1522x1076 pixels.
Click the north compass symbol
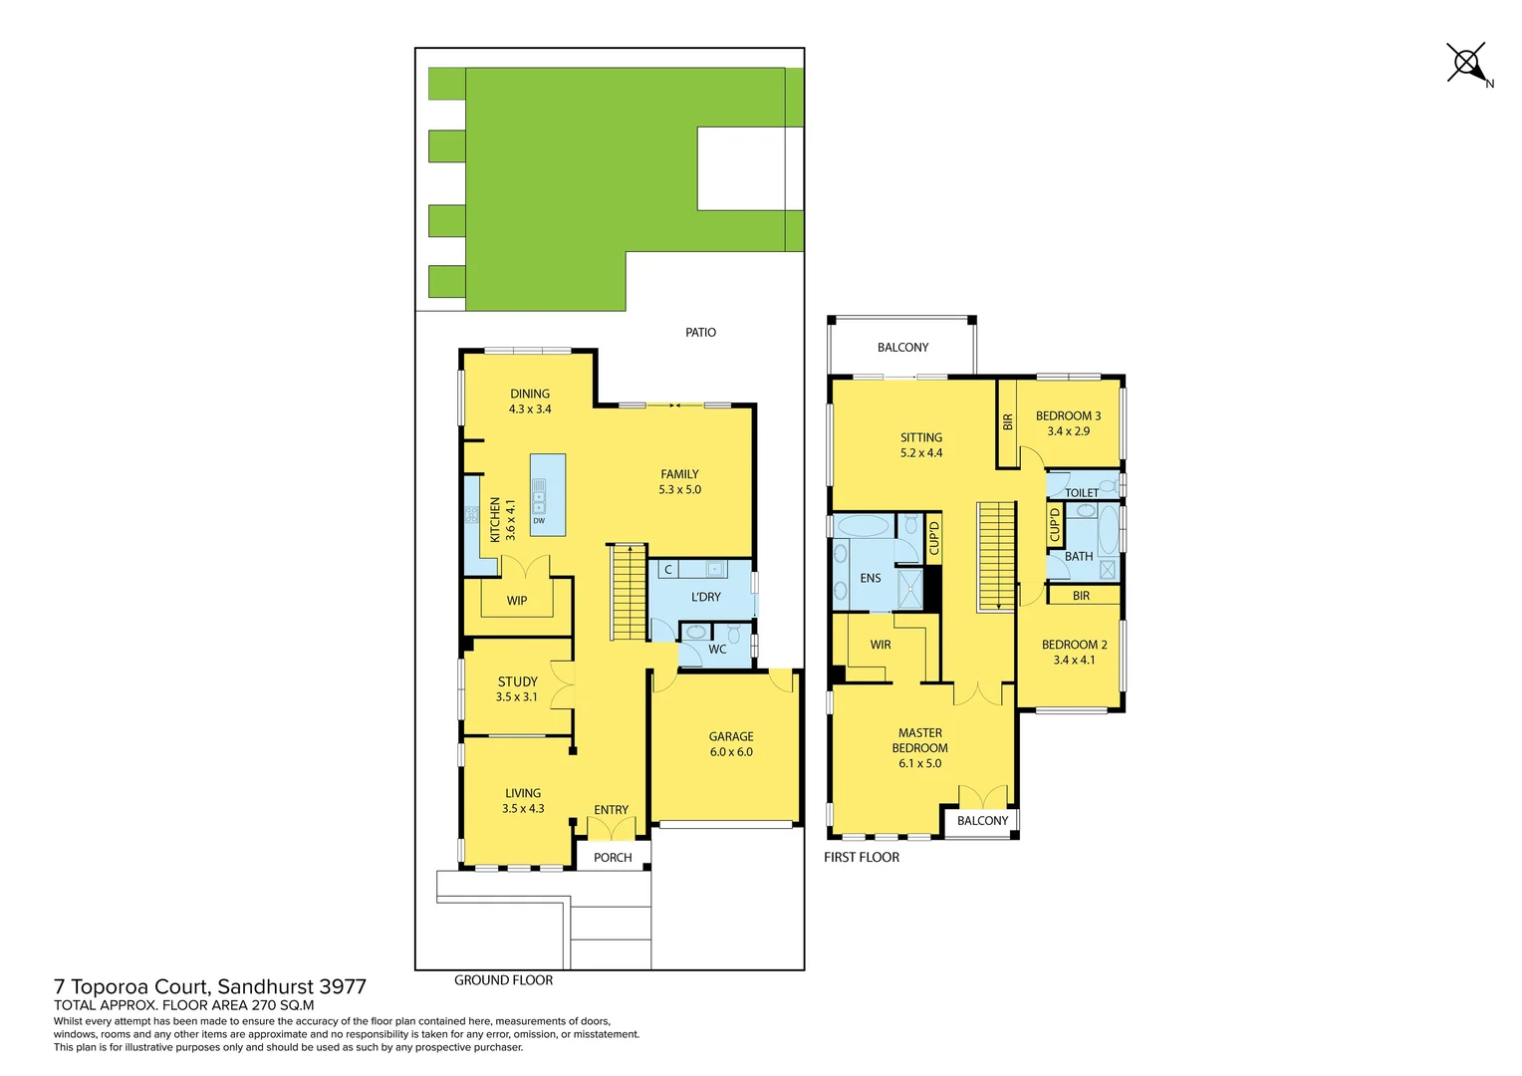[1466, 64]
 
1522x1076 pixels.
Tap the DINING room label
[530, 395]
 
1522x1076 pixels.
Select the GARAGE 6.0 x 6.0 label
[731, 744]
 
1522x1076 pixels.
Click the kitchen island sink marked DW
[539, 496]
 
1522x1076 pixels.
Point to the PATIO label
[700, 333]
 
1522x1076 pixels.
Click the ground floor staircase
[629, 592]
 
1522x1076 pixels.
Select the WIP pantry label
[517, 601]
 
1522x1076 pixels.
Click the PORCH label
[613, 858]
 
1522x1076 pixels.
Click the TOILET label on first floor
[1082, 492]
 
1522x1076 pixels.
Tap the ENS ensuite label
[871, 578]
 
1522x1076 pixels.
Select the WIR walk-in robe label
[881, 645]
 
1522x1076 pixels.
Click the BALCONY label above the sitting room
[902, 348]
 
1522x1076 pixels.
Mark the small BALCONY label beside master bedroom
[982, 821]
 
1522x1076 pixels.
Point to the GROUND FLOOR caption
[503, 980]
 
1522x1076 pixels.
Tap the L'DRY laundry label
[705, 597]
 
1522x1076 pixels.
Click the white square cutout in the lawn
[741, 168]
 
